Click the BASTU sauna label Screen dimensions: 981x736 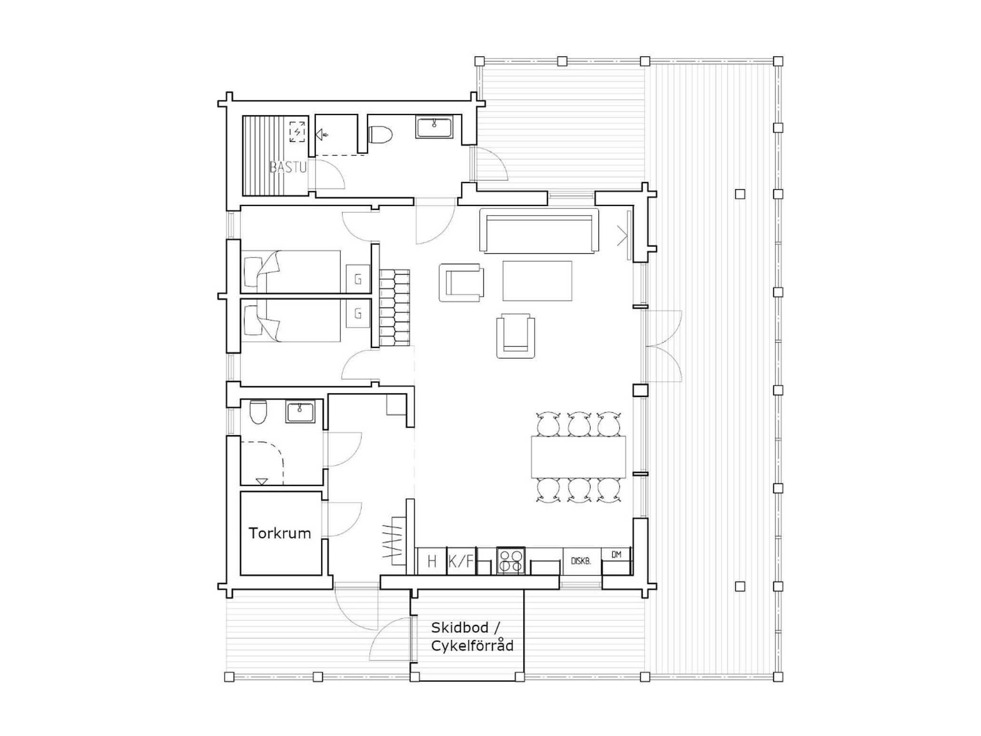(x=288, y=167)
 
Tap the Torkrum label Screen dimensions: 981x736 (x=280, y=533)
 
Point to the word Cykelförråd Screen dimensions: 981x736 (x=472, y=646)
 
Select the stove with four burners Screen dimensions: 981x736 (x=511, y=560)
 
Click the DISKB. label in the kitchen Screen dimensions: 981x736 (x=581, y=561)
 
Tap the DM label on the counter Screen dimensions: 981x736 (x=616, y=555)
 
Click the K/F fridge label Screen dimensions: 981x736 (x=461, y=562)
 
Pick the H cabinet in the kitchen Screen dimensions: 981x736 (x=432, y=562)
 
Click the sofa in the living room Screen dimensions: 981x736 (x=539, y=230)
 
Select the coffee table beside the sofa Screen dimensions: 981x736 (x=537, y=281)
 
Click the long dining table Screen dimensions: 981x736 (x=578, y=457)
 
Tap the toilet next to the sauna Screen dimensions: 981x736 (x=380, y=134)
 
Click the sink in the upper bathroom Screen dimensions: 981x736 (x=434, y=127)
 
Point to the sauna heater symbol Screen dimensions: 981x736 (x=297, y=132)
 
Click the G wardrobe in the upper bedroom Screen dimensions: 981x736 (x=358, y=278)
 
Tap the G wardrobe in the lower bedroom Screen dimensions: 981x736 (x=358, y=314)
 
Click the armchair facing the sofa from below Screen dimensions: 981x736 (x=515, y=336)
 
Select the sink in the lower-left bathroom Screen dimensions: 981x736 (x=300, y=412)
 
